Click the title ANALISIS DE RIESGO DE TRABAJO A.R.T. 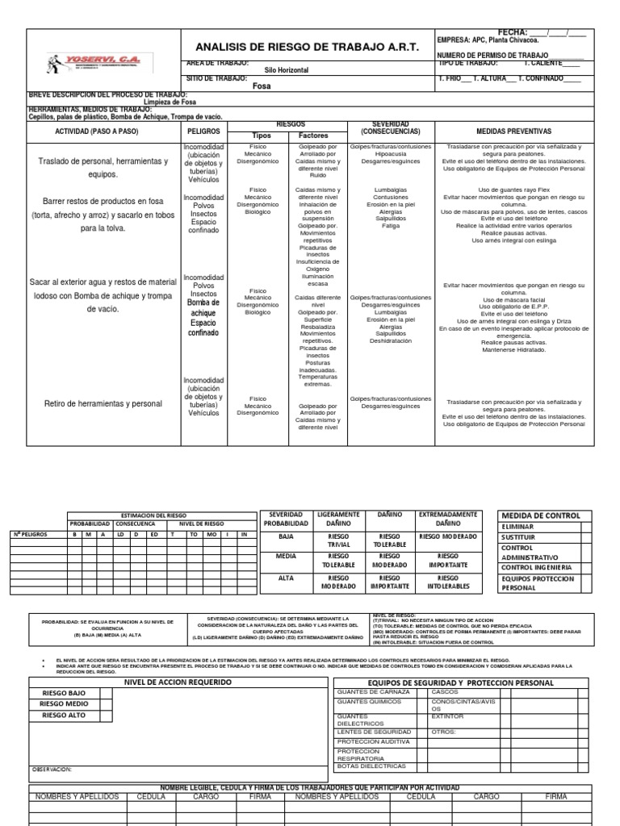coord(308,48)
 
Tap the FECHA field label coord(513,31)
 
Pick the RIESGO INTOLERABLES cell coord(447,583)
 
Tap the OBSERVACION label coord(52,770)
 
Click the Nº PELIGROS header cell coord(31,534)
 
